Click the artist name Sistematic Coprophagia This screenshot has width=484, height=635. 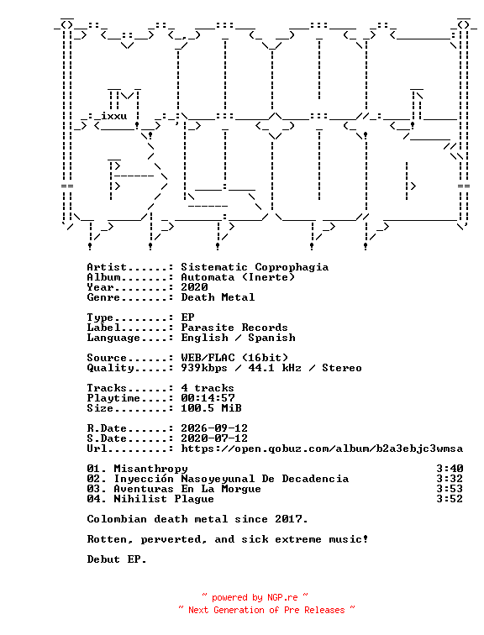point(255,267)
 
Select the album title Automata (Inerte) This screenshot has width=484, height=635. point(238,277)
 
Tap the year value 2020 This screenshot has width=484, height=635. point(194,287)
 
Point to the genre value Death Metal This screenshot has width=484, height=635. point(218,297)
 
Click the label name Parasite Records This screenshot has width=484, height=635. point(234,328)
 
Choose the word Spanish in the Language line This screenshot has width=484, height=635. point(271,338)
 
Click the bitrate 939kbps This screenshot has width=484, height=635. point(204,368)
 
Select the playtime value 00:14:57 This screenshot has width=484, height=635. point(208,398)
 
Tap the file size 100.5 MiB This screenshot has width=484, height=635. point(211,408)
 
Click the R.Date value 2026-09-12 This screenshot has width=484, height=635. point(214,428)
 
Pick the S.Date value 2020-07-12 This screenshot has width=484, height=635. point(214,438)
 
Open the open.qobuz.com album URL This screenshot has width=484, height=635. point(322,449)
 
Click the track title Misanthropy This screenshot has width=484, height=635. point(150,469)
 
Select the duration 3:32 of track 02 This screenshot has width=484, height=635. point(450,479)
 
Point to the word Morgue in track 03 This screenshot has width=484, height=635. point(241,489)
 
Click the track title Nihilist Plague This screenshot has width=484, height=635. point(164,499)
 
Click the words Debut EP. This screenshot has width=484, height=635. point(117,559)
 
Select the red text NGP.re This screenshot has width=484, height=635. point(282,598)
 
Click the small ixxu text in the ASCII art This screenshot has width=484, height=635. point(113,116)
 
